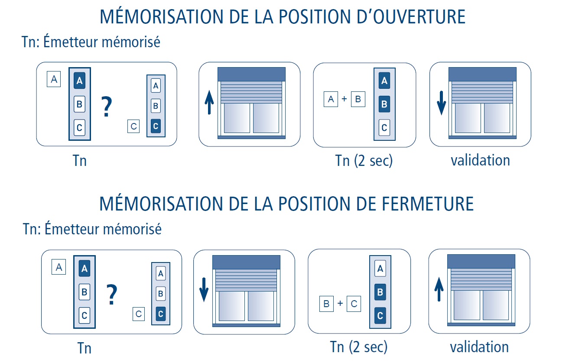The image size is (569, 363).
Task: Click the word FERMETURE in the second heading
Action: [x=428, y=204]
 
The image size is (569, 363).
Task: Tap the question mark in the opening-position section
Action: [x=107, y=107]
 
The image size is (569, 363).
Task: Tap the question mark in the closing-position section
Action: [x=112, y=294]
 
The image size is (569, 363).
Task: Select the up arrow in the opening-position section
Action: [x=209, y=103]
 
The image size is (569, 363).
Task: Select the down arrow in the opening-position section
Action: [x=442, y=103]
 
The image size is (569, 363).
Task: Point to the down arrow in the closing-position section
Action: [x=204, y=290]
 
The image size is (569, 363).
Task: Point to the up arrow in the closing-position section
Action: [x=439, y=289]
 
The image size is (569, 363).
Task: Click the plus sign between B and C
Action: [x=340, y=303]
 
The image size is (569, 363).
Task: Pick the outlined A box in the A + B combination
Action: [x=331, y=99]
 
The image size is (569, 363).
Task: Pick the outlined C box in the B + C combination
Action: [x=354, y=304]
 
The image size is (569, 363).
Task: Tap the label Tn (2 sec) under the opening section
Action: [x=364, y=161]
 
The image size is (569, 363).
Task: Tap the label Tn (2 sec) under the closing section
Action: [x=359, y=347]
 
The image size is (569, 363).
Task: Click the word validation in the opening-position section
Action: [x=480, y=160]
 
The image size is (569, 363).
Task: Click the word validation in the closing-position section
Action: [x=479, y=347]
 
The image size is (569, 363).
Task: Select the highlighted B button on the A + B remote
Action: [x=384, y=104]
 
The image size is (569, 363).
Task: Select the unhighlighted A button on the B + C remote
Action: [x=380, y=268]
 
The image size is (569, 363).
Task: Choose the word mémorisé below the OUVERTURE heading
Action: [x=131, y=42]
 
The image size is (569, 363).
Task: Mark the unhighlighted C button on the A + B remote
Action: [x=384, y=127]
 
